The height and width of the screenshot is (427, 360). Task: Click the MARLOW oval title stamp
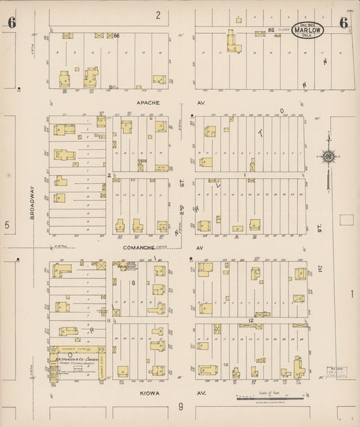click(x=308, y=30)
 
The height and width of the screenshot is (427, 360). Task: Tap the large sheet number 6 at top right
click(x=344, y=23)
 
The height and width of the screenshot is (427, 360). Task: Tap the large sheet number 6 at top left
click(x=11, y=23)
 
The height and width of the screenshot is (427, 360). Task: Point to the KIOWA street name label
click(x=140, y=391)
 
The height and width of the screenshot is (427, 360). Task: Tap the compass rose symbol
click(x=328, y=157)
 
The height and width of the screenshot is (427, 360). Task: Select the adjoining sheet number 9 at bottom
click(x=180, y=406)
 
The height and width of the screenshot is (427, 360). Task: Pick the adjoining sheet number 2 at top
click(x=158, y=14)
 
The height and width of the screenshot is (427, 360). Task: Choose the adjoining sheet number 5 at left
click(x=7, y=225)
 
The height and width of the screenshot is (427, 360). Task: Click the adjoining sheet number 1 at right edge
click(x=352, y=293)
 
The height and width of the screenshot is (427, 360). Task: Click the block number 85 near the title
click(x=271, y=30)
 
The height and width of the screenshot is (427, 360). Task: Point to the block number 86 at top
click(x=116, y=35)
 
